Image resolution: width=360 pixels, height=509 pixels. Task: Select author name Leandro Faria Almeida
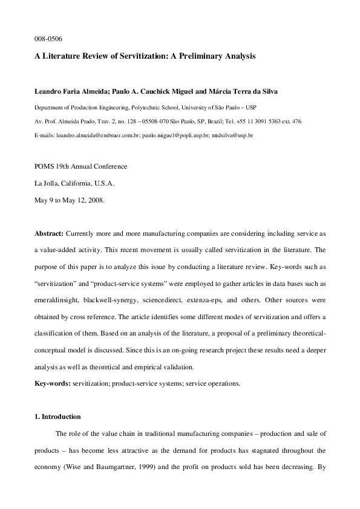(72, 91)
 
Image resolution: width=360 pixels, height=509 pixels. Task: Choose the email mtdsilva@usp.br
(232, 136)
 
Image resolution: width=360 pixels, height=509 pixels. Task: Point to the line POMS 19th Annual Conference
(80, 166)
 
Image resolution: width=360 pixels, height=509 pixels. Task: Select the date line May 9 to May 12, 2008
(70, 199)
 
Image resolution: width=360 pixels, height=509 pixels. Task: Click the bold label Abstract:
(48, 233)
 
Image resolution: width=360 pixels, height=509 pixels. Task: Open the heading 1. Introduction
(57, 417)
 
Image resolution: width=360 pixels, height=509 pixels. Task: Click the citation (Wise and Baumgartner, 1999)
(100, 466)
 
